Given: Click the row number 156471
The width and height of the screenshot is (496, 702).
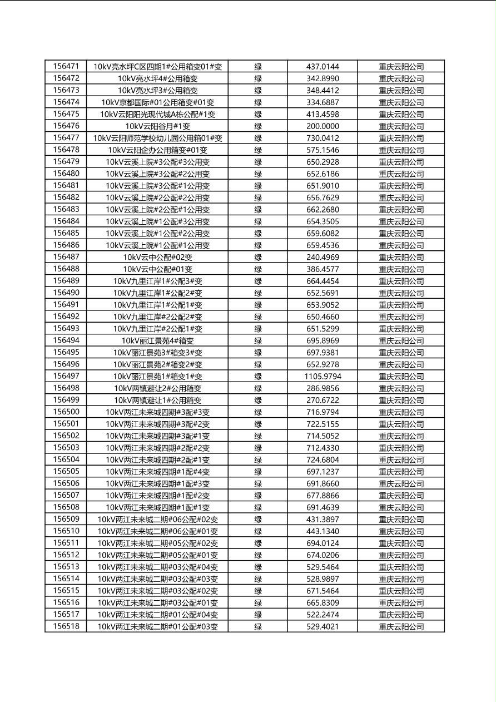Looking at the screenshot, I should pos(66,66).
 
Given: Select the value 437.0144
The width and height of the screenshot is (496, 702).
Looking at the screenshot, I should pos(323,67).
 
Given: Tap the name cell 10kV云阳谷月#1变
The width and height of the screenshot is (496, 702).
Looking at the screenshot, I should pos(157,126).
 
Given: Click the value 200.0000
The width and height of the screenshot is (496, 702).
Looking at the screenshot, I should pos(323,126).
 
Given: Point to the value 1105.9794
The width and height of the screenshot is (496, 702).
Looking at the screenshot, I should pos(323,377).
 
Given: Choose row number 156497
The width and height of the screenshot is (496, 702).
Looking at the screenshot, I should pos(66,377).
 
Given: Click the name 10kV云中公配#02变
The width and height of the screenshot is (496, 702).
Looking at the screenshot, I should pos(157,258).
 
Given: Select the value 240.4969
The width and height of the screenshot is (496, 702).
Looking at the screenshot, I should pos(323,258).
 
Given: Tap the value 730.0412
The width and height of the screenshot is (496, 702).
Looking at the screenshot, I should pos(323,138).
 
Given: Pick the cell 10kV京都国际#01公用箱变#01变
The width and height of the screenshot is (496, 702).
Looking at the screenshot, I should pos(157,102).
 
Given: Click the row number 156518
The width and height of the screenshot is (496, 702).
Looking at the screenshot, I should pos(66,626).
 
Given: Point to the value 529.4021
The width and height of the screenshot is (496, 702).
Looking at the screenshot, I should pos(323,627).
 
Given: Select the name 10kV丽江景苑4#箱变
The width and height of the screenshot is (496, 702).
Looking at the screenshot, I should pos(157,341).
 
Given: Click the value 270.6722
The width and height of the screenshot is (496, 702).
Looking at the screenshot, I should pos(323,401).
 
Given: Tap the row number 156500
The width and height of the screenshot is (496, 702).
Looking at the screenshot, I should pos(66,412).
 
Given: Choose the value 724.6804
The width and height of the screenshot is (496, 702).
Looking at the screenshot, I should pos(323,460).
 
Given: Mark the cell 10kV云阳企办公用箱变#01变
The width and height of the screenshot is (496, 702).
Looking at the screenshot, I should pos(157,150).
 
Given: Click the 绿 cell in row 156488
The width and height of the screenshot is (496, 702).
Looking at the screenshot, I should pos(258,269).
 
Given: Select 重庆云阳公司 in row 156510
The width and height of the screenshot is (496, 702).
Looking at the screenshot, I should pos(401,532).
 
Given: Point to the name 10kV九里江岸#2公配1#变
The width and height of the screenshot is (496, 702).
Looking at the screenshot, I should pos(157,329).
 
